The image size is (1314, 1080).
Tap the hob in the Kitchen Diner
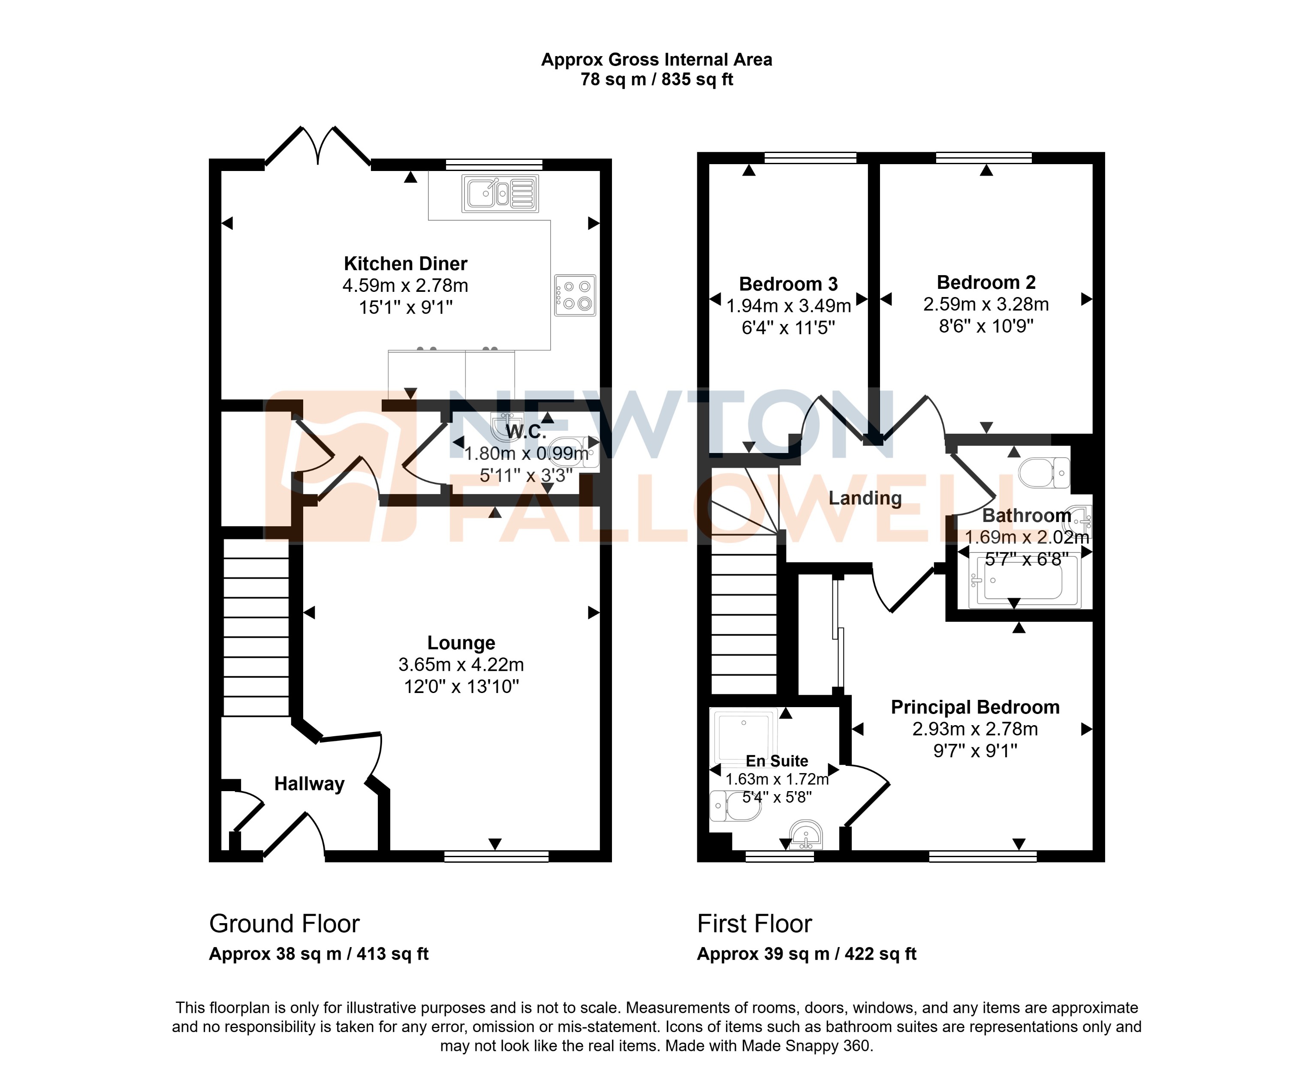575,296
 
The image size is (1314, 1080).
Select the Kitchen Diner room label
405,264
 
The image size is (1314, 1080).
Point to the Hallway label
309,784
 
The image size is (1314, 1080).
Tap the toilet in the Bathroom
1044,473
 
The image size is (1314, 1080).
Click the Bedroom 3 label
788,284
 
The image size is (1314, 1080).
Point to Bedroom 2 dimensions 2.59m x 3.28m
986,304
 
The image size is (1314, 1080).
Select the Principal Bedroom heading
975,707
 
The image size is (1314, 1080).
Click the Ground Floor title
284,924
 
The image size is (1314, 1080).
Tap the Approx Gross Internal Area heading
657,60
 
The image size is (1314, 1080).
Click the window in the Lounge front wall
496,857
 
